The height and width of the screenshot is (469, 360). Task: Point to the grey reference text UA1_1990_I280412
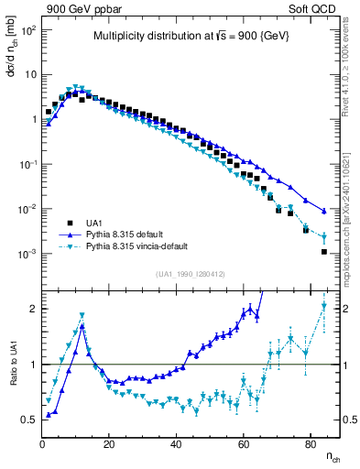pos(191,274)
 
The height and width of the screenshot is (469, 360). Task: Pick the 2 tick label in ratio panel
pos(32,309)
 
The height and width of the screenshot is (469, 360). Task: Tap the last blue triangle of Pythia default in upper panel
pos(324,212)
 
